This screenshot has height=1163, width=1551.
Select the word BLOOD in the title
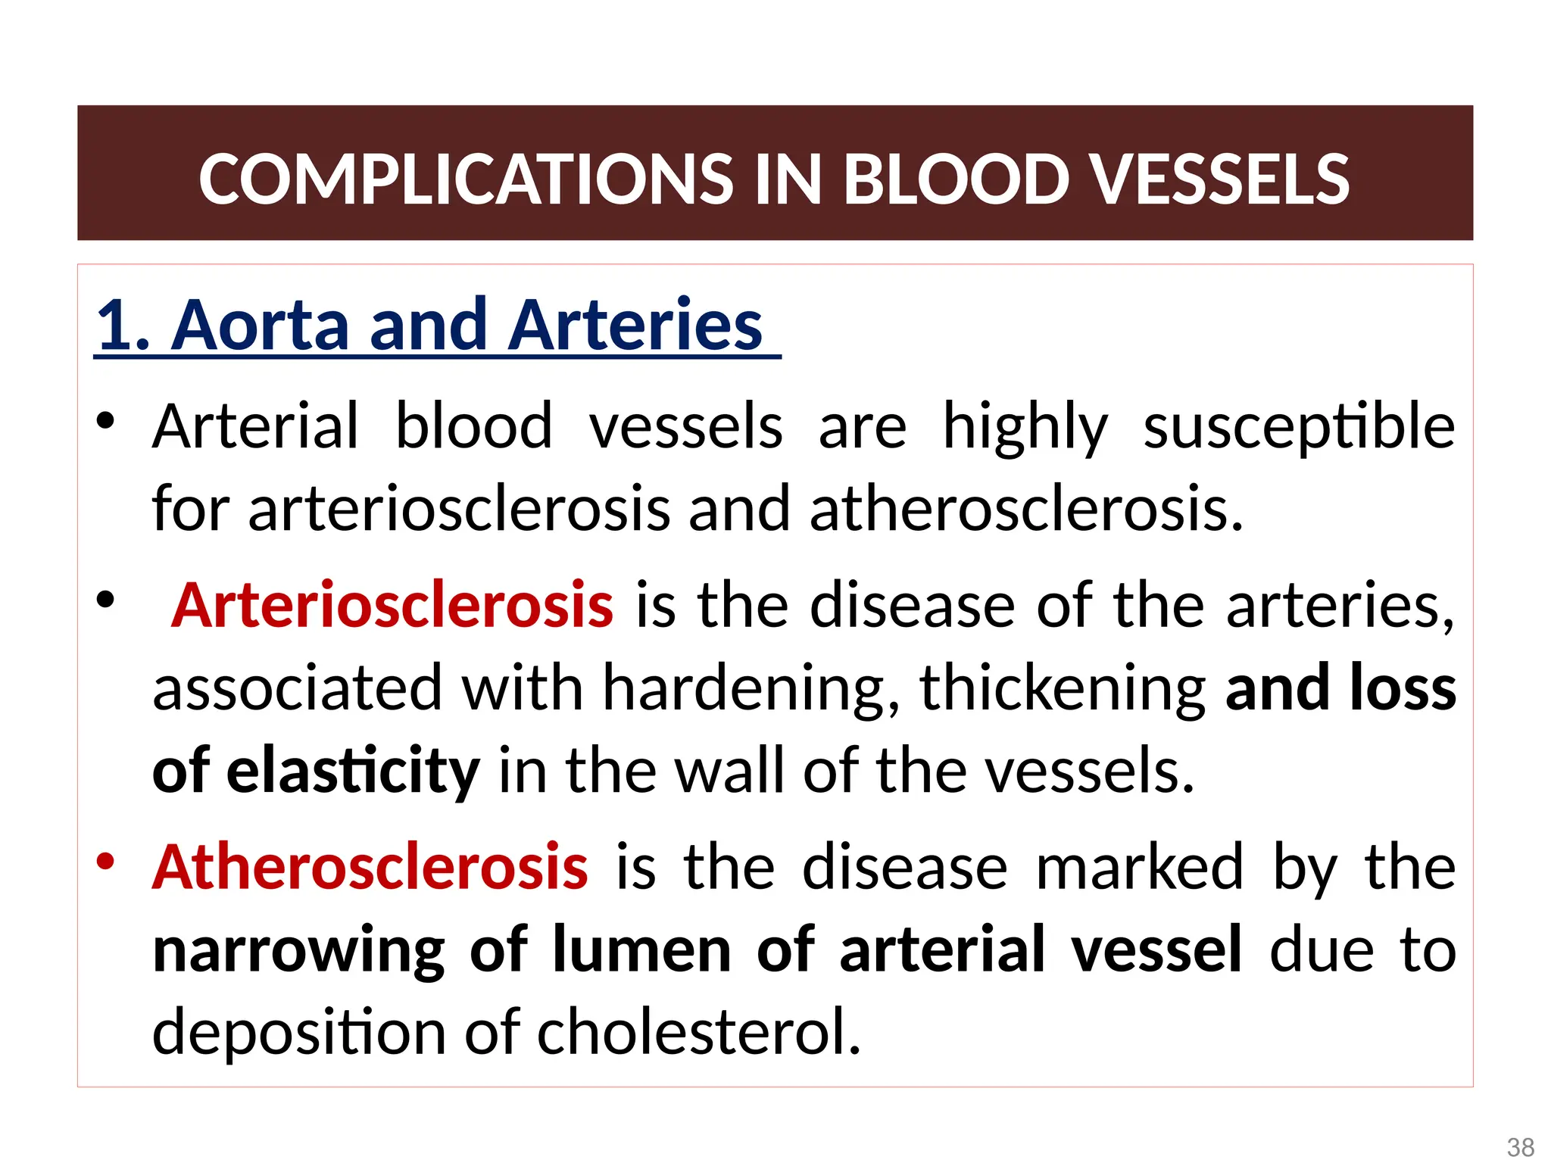point(957,179)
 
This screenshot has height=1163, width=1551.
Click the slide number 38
point(1521,1146)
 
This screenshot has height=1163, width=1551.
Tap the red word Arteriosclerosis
point(392,605)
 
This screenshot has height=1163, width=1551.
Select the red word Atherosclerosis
point(370,867)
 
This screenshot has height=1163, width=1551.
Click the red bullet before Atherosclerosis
point(105,861)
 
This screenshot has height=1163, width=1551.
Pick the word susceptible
point(1299,427)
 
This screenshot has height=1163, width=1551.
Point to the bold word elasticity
point(353,771)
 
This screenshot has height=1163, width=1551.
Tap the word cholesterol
point(699,1032)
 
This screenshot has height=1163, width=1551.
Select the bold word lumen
point(641,950)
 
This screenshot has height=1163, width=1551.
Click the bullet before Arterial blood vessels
point(105,421)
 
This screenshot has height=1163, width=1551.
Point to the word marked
point(1139,867)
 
